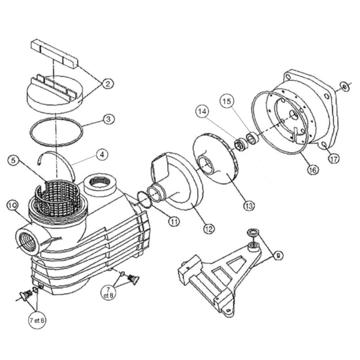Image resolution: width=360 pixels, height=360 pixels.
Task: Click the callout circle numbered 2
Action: point(108,84)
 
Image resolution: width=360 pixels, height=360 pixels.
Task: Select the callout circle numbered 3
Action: point(108,119)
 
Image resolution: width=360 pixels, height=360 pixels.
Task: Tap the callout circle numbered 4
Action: point(102,155)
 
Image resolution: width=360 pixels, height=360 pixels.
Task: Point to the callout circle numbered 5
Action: point(13,161)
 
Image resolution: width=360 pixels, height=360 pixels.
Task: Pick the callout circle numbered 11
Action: point(173,221)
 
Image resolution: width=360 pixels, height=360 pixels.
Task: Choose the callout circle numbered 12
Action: point(208,229)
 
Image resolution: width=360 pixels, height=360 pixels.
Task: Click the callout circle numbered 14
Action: point(202,112)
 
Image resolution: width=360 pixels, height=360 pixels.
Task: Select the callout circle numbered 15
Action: point(227,101)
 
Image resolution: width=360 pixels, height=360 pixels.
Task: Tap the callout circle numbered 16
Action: point(313,170)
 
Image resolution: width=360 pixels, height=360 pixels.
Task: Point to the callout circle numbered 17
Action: point(334,159)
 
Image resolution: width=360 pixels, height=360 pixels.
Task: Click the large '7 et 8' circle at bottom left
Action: point(37,320)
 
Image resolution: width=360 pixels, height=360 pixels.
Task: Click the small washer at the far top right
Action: point(345,86)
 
